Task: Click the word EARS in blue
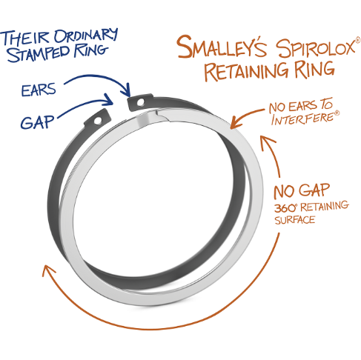point(39,90)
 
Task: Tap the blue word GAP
point(37,122)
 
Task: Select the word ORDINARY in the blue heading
point(86,36)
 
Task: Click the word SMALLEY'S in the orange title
point(222,47)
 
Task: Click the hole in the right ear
point(140,102)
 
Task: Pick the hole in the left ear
point(98,121)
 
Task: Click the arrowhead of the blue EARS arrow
point(127,91)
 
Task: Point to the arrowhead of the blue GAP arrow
point(108,100)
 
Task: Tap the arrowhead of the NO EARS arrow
point(235,123)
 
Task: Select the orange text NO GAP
point(302,191)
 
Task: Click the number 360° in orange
point(285,208)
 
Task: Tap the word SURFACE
point(294,220)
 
